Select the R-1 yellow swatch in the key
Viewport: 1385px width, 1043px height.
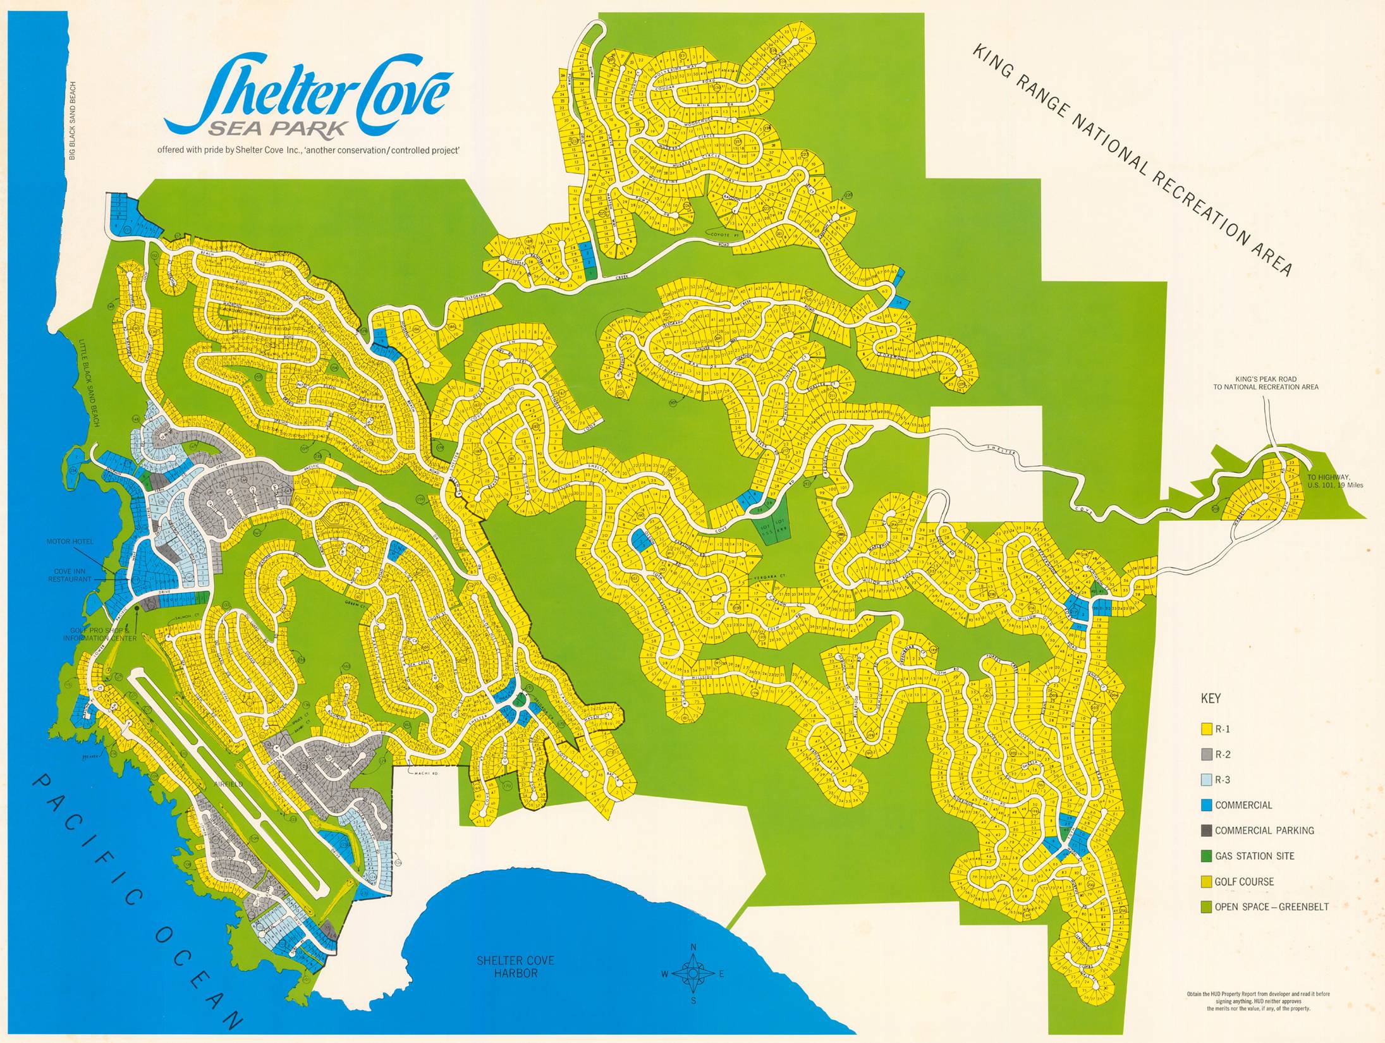[x=1206, y=729]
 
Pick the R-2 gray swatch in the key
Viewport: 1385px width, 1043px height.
[x=1206, y=754]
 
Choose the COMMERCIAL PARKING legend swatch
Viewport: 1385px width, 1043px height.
[x=1206, y=831]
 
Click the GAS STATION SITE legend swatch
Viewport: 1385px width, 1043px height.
[x=1206, y=856]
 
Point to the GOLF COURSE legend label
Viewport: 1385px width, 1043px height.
[x=1244, y=881]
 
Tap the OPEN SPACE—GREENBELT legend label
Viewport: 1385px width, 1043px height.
[x=1271, y=906]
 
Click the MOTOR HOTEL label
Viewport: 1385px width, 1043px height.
[x=70, y=542]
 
